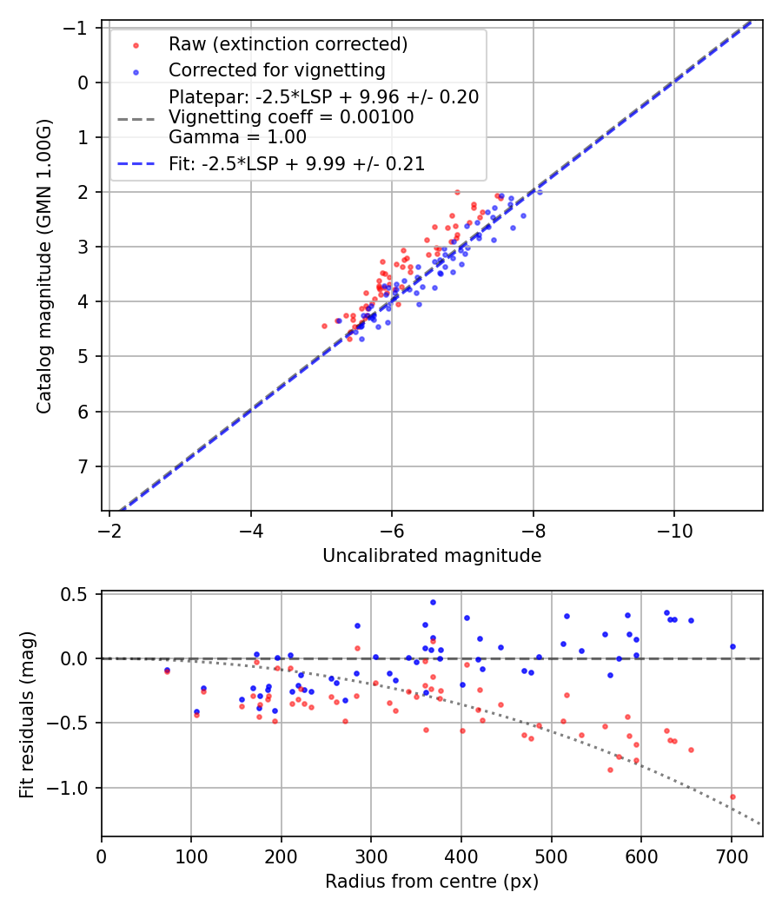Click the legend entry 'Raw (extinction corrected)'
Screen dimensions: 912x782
pos(288,44)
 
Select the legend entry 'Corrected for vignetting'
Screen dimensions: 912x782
pos(276,69)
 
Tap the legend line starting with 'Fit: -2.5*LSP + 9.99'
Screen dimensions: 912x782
pos(296,164)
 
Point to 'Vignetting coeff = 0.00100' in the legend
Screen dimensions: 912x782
pos(291,116)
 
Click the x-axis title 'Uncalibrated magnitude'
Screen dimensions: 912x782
pos(432,556)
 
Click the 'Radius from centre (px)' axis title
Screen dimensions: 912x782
pos(432,882)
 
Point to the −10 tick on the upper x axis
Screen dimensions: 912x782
pos(674,529)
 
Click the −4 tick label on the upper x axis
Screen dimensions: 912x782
pos(251,529)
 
